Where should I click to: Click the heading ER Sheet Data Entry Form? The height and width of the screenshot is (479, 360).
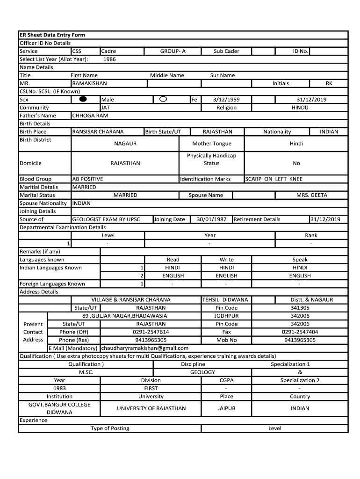[52, 35]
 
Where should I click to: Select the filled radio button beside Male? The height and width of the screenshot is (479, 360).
[83, 99]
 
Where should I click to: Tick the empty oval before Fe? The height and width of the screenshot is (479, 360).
[163, 99]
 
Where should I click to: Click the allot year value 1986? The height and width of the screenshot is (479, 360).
[109, 59]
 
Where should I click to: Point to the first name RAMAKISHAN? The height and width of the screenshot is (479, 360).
[89, 83]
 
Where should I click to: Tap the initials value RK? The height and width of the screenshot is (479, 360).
[329, 83]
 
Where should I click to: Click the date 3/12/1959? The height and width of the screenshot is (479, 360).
[226, 100]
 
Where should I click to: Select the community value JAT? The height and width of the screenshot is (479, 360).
[106, 108]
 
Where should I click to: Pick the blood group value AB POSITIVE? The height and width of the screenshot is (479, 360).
[87, 179]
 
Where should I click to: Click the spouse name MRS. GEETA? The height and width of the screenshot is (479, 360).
[312, 195]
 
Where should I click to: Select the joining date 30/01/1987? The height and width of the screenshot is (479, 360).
[211, 219]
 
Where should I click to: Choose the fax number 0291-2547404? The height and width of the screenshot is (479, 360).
[300, 332]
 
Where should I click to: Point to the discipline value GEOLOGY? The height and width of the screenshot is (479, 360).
[202, 372]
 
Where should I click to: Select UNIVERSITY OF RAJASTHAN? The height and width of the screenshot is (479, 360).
[151, 408]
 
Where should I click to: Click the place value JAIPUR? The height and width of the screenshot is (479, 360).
[226, 408]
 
